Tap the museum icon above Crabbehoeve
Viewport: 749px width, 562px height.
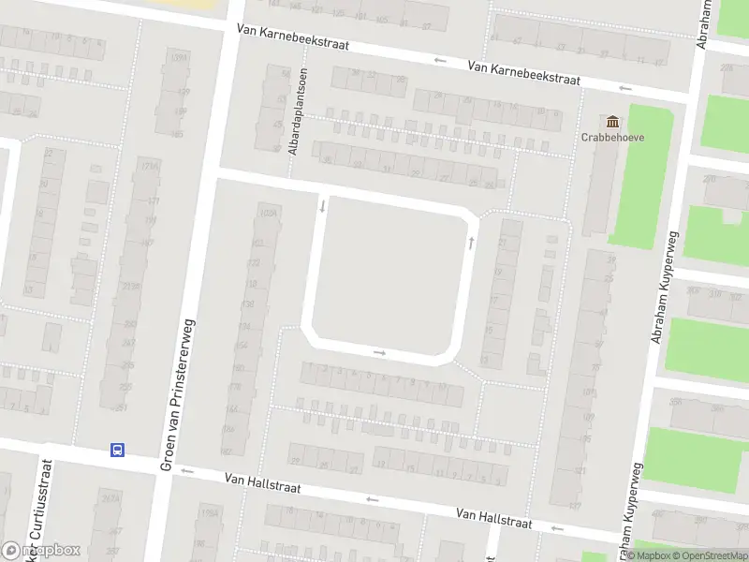pos(614,122)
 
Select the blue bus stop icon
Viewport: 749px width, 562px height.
pos(118,450)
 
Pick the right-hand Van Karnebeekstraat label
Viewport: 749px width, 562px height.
pos(522,73)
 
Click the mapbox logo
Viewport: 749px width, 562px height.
pos(41,550)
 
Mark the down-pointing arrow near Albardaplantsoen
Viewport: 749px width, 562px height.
pos(323,205)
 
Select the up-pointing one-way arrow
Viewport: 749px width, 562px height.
pos(471,243)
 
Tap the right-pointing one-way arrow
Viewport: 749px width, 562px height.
pos(379,353)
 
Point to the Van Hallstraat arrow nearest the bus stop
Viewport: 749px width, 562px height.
pos(186,470)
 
